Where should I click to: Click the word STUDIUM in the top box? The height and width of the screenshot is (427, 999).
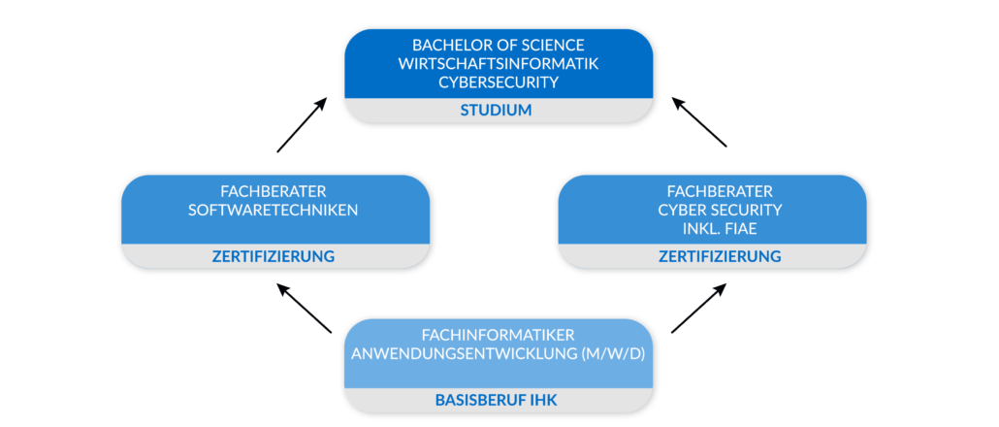click(x=499, y=111)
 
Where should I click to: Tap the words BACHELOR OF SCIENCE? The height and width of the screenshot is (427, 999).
click(x=499, y=46)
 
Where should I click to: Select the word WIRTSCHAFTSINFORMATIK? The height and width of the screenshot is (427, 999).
click(x=499, y=64)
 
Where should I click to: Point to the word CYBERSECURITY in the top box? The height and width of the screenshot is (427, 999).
click(x=499, y=82)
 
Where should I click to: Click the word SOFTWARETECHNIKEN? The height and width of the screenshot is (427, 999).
click(x=275, y=210)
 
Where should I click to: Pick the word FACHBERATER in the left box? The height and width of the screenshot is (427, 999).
click(x=275, y=191)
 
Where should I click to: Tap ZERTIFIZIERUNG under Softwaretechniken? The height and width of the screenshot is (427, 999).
click(x=275, y=257)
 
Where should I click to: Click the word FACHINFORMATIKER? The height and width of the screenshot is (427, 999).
click(x=499, y=335)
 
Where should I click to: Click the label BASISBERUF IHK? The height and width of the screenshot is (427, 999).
click(x=499, y=400)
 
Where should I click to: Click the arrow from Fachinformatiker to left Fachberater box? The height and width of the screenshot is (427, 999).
click(x=305, y=309)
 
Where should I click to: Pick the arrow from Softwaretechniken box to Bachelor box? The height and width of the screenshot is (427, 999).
click(x=303, y=124)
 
